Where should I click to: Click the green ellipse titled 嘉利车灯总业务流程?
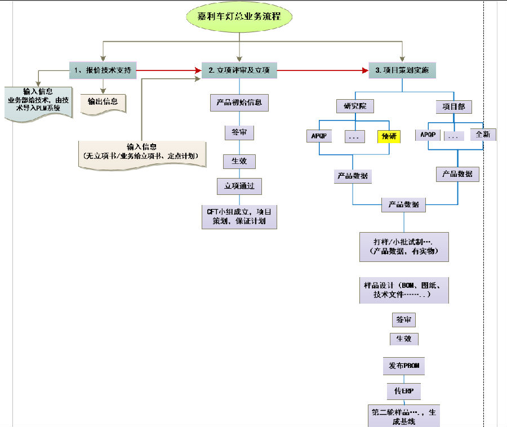click(x=240, y=17)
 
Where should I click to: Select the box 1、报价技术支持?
click(x=103, y=70)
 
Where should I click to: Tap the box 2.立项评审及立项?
click(x=239, y=70)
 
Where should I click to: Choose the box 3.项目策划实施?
click(x=402, y=70)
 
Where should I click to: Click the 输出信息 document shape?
click(x=103, y=103)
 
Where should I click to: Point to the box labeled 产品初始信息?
click(x=239, y=103)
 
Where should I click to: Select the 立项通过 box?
click(x=239, y=185)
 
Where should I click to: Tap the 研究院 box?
click(x=354, y=106)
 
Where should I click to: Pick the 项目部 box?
click(x=454, y=106)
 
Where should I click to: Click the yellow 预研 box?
click(x=389, y=136)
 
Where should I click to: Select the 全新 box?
click(x=483, y=135)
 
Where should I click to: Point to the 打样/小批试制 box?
click(x=404, y=246)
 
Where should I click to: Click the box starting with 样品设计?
click(x=404, y=290)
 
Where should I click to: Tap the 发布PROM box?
click(x=404, y=366)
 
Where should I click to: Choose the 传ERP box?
click(x=404, y=390)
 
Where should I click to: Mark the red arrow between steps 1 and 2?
click(x=169, y=70)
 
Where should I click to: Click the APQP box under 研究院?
click(x=319, y=136)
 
